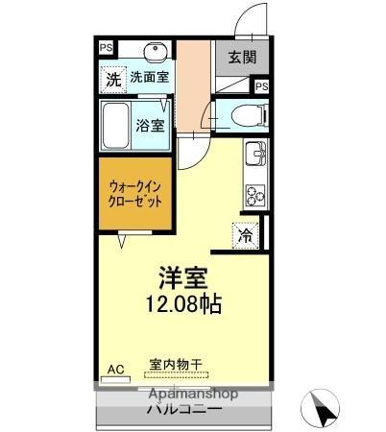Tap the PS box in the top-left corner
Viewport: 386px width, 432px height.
tap(105, 44)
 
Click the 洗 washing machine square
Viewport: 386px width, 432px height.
tap(113, 78)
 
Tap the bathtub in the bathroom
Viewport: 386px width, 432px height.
tap(118, 124)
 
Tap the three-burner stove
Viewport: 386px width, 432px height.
tap(256, 195)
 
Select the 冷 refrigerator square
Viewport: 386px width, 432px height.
tap(246, 233)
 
